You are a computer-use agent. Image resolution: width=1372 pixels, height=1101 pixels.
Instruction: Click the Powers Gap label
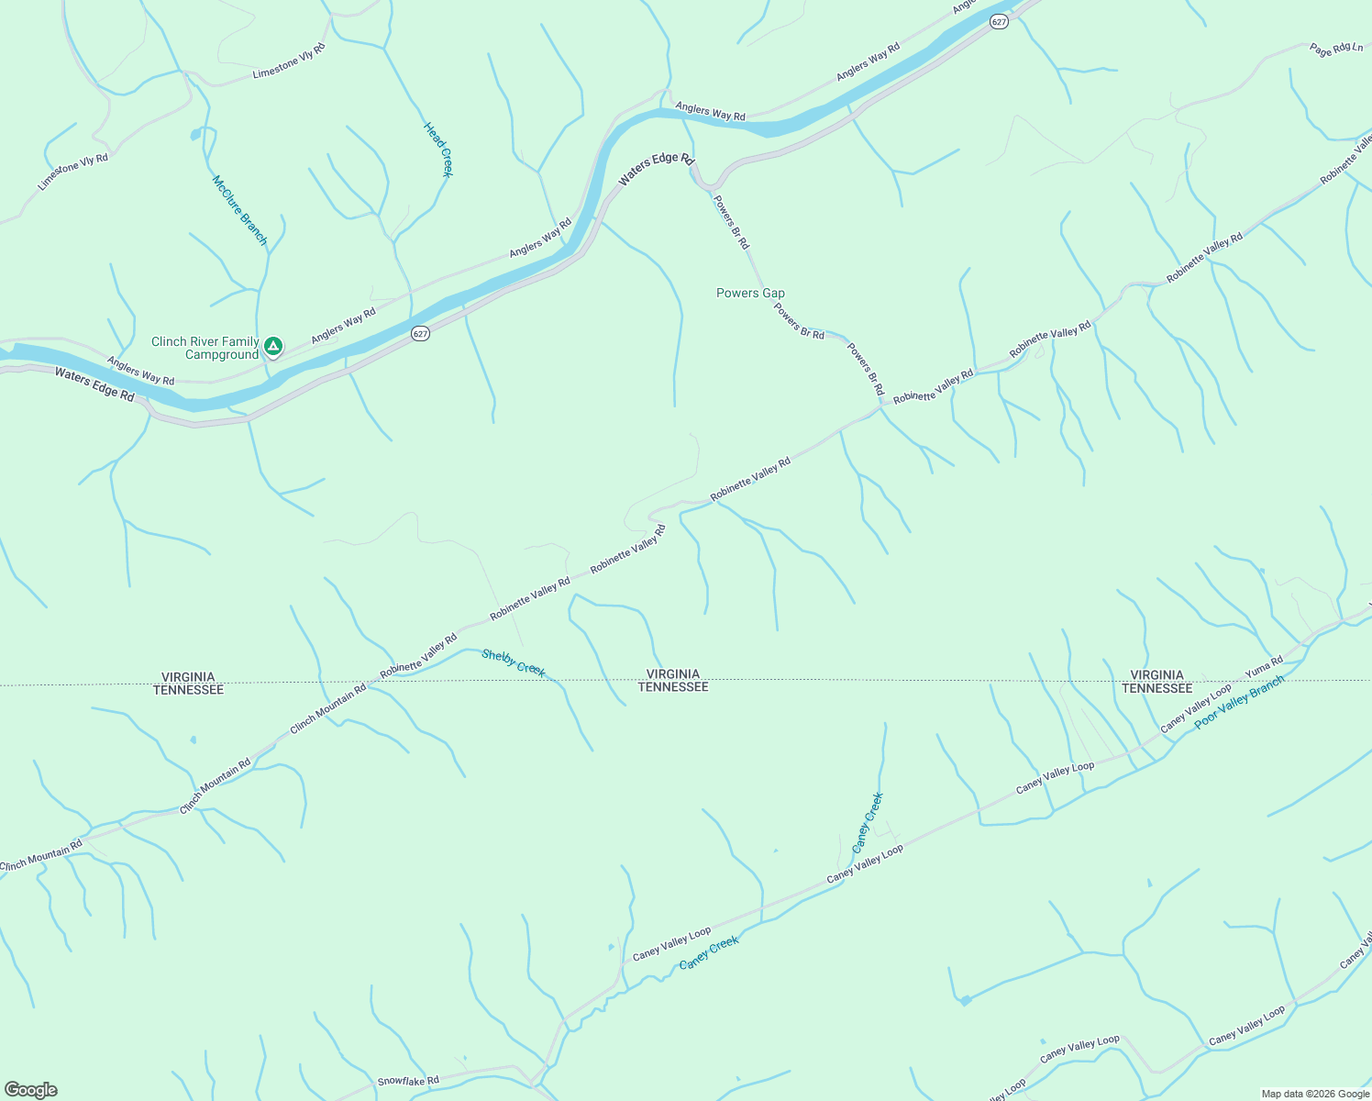(750, 294)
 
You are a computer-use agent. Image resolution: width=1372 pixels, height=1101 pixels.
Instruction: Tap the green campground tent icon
(272, 346)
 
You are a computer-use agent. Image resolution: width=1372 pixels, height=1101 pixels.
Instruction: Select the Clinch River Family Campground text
(205, 349)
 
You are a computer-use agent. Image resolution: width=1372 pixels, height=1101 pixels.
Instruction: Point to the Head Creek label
(438, 150)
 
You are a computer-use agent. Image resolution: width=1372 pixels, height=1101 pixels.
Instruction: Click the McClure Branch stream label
(240, 210)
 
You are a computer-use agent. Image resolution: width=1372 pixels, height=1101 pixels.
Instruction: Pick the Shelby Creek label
(514, 662)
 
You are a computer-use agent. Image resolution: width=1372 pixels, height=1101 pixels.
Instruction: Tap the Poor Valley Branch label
(1239, 703)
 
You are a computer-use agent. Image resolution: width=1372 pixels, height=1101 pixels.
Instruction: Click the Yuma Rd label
(1264, 668)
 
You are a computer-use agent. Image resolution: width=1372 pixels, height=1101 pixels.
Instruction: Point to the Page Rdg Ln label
(1336, 49)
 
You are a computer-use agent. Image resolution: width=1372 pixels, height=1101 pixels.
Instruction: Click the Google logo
(30, 1090)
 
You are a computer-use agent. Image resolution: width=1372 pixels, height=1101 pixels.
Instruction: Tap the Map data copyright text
(1315, 1094)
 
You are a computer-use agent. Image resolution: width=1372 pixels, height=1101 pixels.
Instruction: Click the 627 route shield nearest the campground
(420, 334)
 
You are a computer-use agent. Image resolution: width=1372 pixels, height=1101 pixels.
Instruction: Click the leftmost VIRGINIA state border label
(188, 676)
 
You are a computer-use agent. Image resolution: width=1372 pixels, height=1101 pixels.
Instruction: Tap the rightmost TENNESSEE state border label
(1156, 688)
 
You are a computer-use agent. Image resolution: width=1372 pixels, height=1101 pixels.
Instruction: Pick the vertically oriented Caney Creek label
(868, 822)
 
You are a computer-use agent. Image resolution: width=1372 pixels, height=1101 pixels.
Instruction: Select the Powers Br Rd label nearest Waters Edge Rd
(731, 222)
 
